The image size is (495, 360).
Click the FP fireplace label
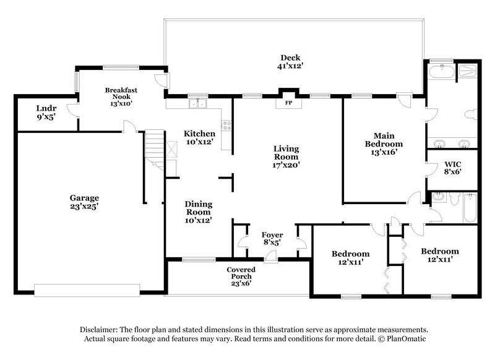(288, 103)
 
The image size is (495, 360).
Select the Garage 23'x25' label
(84, 203)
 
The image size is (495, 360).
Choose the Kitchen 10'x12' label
(199, 138)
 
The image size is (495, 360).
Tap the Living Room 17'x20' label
(287, 157)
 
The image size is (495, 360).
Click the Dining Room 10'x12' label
(199, 212)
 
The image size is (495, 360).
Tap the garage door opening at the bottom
(99, 289)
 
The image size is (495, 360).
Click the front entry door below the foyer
(270, 259)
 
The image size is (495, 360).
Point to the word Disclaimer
(101, 330)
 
